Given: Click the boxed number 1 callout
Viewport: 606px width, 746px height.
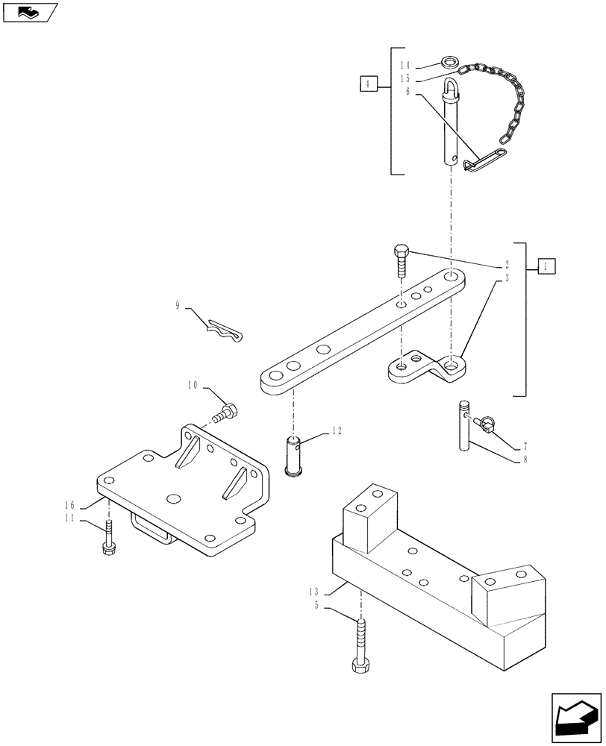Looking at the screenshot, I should point(546,266).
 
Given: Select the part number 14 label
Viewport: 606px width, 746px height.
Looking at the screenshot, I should point(406,65).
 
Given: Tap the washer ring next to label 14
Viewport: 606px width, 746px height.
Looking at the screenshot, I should point(451,62).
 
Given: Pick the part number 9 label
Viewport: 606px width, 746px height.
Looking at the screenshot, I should point(178,305).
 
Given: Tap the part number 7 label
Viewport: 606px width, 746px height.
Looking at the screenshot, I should point(525,445).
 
